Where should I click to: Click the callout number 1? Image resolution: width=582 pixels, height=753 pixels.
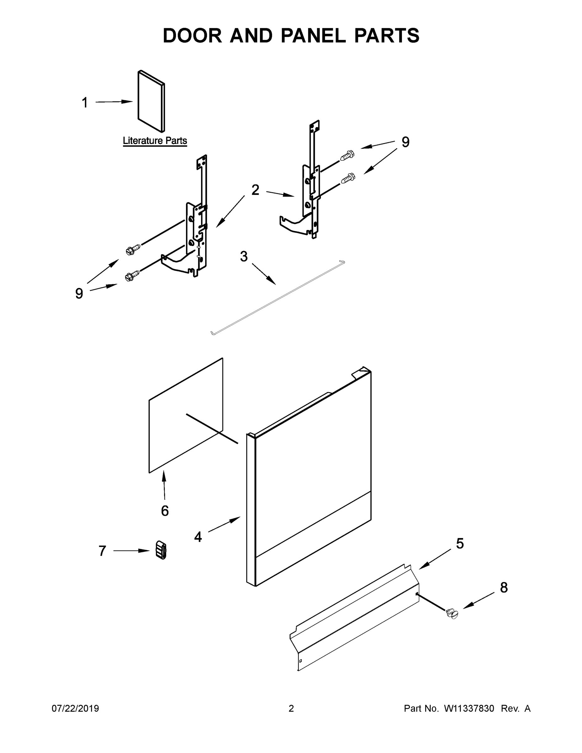click(85, 103)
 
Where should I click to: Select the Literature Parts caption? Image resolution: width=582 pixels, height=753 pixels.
click(155, 141)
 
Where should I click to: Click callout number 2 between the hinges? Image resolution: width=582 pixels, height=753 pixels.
click(255, 190)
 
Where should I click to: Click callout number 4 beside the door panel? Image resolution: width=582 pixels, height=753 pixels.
click(198, 537)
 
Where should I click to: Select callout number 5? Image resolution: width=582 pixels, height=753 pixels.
click(460, 544)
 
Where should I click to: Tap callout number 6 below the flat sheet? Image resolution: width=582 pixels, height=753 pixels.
click(165, 510)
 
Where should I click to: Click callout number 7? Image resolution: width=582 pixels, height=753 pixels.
click(102, 551)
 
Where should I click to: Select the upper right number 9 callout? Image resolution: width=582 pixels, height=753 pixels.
click(405, 142)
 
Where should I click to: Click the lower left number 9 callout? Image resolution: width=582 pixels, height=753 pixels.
click(79, 293)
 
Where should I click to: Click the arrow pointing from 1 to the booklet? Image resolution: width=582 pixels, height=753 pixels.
click(114, 102)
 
